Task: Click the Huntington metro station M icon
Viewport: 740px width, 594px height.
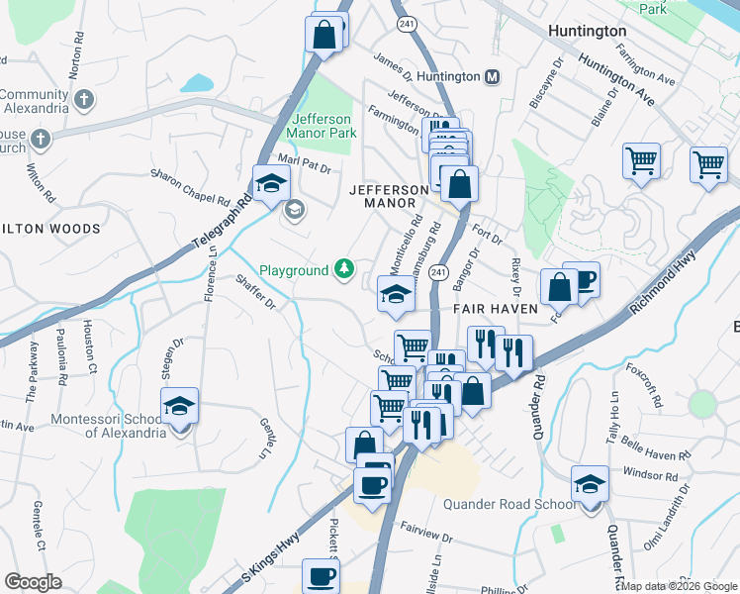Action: pyautogui.click(x=492, y=76)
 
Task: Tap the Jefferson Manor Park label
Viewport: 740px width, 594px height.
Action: pyautogui.click(x=321, y=125)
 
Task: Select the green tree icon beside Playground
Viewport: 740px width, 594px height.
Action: pyautogui.click(x=343, y=268)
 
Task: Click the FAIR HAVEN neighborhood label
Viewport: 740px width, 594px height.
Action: pyautogui.click(x=495, y=309)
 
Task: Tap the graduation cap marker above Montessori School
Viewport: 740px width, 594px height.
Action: pyautogui.click(x=179, y=407)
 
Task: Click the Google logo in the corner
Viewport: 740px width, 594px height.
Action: pyautogui.click(x=33, y=582)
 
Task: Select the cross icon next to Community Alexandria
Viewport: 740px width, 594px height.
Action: pyautogui.click(x=84, y=99)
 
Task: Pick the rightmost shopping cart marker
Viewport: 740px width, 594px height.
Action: pyautogui.click(x=709, y=164)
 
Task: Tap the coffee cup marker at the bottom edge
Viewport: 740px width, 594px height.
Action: pyautogui.click(x=320, y=576)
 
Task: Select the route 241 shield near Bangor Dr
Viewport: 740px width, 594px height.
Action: pyautogui.click(x=440, y=271)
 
